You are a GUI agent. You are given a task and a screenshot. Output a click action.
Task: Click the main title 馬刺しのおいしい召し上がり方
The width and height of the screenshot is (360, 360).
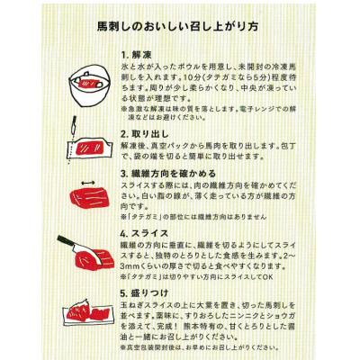pos(179,27)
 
